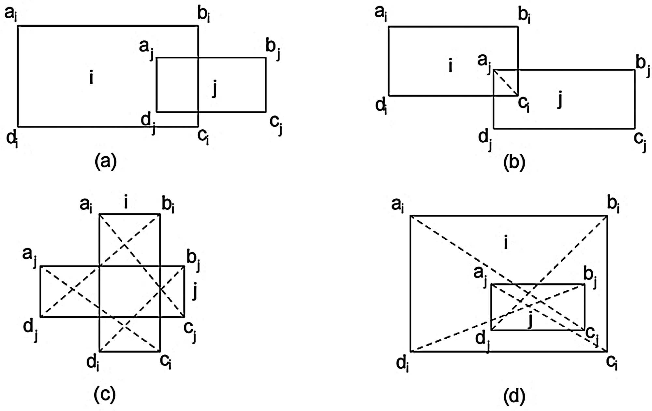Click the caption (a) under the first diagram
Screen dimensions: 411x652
click(105, 162)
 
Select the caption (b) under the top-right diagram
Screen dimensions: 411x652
click(514, 162)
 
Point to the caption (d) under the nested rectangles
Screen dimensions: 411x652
click(514, 396)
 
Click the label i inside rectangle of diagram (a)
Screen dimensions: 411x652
click(91, 78)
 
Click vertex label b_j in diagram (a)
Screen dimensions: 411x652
click(273, 47)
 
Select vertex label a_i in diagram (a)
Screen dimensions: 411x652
click(10, 14)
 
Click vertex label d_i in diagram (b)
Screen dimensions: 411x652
click(381, 106)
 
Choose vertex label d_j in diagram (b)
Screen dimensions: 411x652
click(485, 139)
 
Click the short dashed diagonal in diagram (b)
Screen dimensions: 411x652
click(506, 82)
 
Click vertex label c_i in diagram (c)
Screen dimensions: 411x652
click(166, 361)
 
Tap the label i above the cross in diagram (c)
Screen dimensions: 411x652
click(126, 202)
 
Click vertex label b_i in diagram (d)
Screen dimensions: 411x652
click(613, 205)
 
